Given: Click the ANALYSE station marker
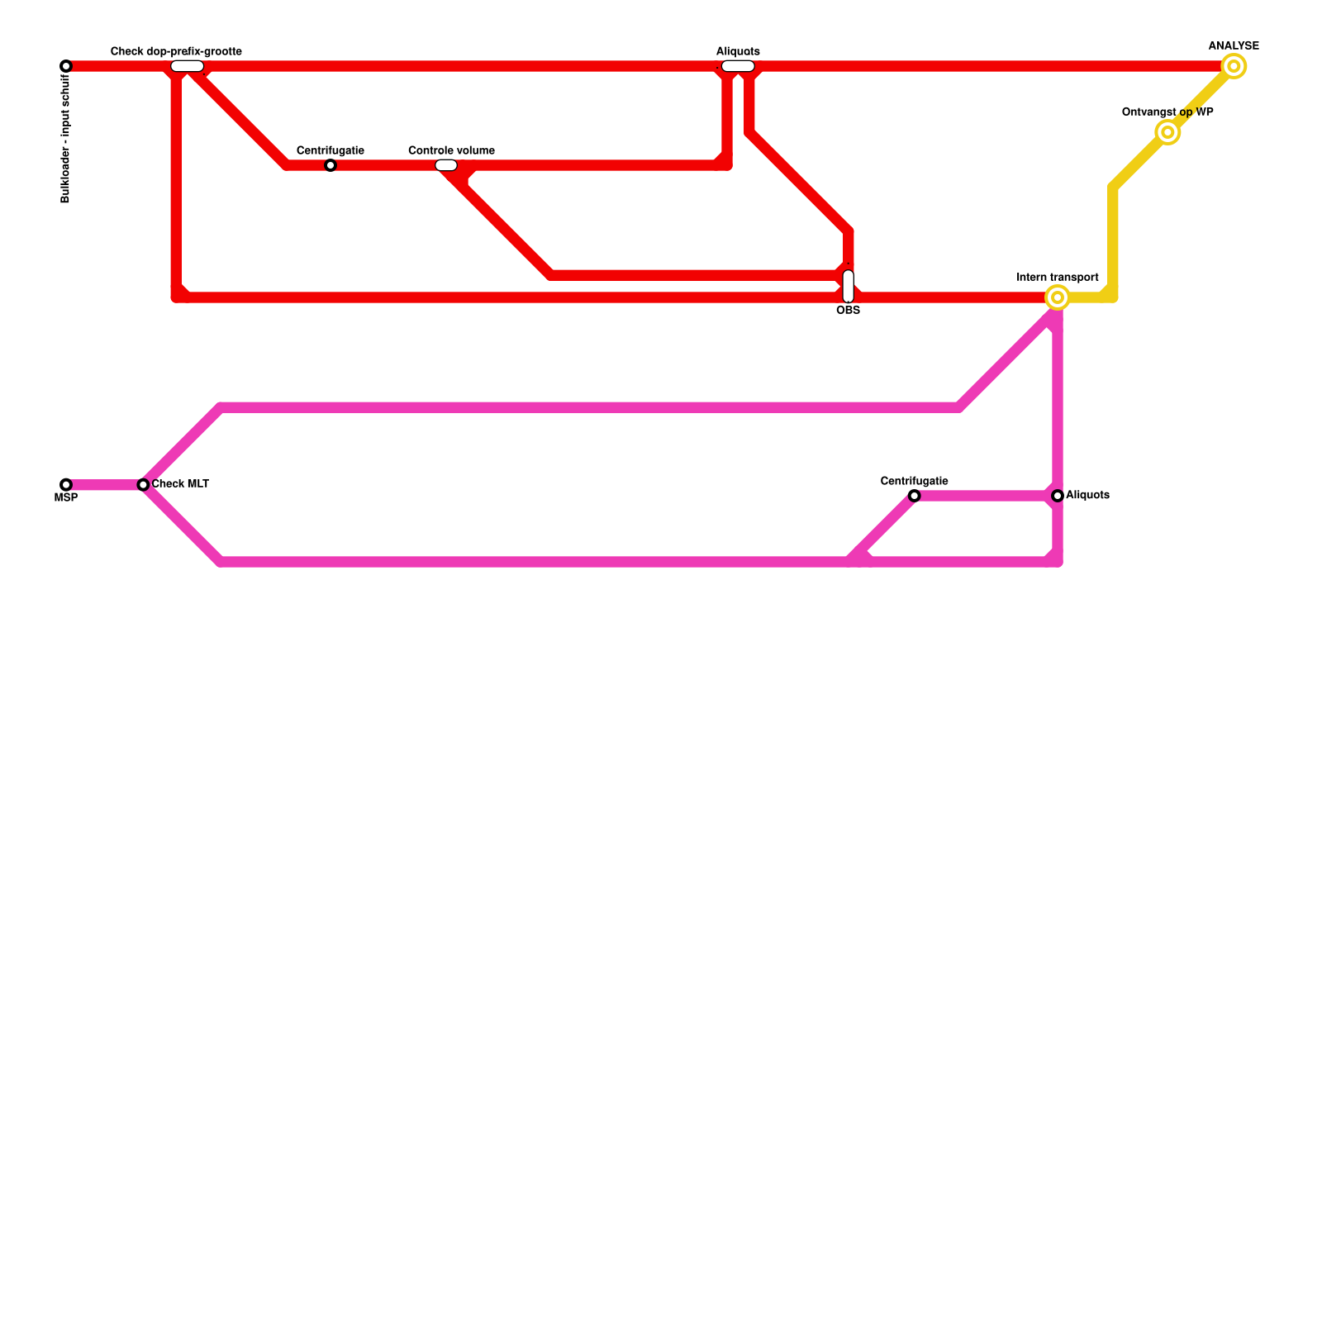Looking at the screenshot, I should [x=1234, y=66].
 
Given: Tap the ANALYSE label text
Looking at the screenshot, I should [x=1234, y=46].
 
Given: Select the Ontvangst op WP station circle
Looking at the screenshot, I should [x=1167, y=132].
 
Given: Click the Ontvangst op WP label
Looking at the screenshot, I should [x=1167, y=112].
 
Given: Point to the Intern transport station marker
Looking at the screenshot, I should [x=1058, y=297].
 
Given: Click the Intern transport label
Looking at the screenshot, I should [x=1058, y=278].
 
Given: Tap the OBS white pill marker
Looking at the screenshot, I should [x=848, y=286].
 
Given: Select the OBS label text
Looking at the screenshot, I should [x=848, y=311].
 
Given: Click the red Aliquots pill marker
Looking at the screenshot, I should [x=738, y=66].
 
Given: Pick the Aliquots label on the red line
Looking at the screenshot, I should [x=738, y=51].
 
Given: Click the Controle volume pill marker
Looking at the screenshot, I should [x=446, y=165].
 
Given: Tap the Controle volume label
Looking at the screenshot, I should [x=451, y=150].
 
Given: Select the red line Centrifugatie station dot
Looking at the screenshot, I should [x=330, y=165].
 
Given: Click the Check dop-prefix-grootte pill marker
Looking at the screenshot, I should [x=188, y=66].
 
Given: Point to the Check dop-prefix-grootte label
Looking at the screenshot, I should [x=176, y=51].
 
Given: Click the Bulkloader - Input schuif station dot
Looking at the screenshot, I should [x=66, y=66].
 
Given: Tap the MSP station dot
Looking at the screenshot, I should [x=66, y=485].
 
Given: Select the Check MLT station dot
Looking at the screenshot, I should [x=143, y=485].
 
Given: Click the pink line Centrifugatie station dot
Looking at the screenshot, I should [x=914, y=496].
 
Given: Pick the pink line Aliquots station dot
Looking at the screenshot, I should [x=1058, y=496].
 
